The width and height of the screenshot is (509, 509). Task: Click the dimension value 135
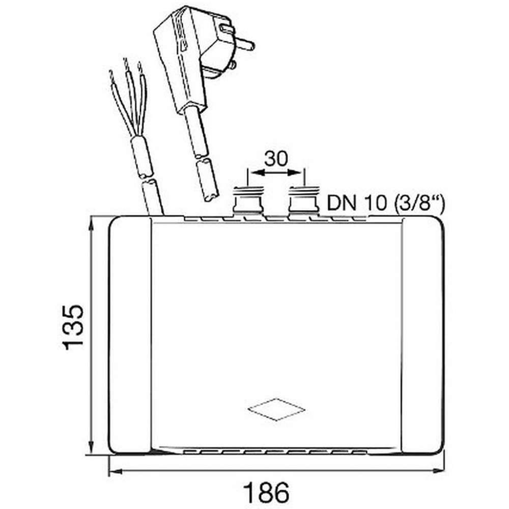(x=73, y=327)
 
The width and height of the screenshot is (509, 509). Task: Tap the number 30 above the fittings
(x=276, y=159)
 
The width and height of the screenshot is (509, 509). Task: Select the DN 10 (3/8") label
(x=385, y=203)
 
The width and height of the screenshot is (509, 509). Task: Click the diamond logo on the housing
(x=276, y=409)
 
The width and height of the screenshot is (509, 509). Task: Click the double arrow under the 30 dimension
(x=276, y=174)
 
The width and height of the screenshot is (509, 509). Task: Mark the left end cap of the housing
(x=130, y=335)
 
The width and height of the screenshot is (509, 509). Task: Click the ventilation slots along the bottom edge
(x=275, y=451)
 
